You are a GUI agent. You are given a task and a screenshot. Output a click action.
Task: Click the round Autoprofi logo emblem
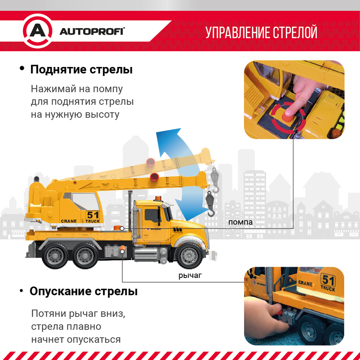pyautogui.click(x=37, y=31)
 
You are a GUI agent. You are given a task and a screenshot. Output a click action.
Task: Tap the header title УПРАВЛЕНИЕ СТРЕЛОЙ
pyautogui.click(x=261, y=32)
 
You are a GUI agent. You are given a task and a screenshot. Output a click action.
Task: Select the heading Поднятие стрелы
pyautogui.click(x=81, y=69)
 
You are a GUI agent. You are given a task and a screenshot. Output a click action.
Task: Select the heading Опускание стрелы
pyautogui.click(x=84, y=291)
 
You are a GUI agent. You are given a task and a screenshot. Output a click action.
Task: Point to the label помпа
pyautogui.click(x=240, y=222)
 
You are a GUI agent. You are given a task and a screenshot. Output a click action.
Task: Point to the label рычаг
pyautogui.click(x=190, y=275)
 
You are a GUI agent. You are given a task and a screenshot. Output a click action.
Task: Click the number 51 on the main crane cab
pyautogui.click(x=93, y=215)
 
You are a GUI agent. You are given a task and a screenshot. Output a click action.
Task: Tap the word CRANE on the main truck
pyautogui.click(x=69, y=221)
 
